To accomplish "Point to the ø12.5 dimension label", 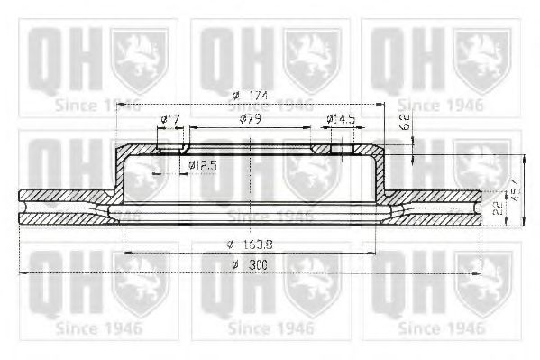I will (204, 165).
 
